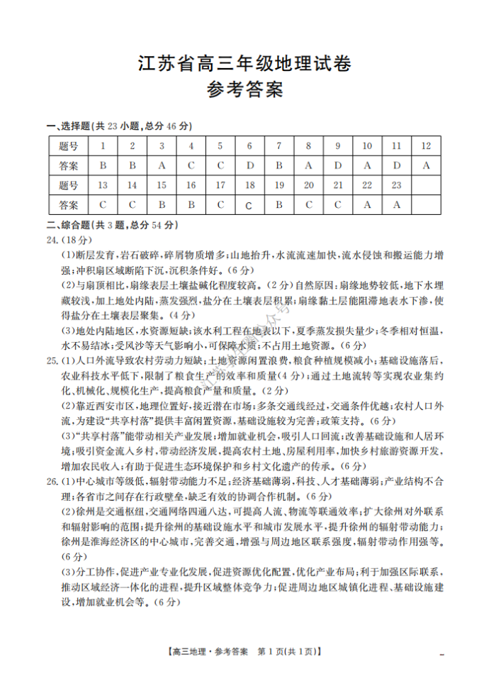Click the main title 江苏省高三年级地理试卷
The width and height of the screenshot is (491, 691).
tap(244, 64)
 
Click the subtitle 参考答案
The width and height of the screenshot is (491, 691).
tap(244, 90)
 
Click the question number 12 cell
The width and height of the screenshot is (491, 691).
tap(426, 146)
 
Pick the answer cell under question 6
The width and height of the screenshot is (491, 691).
tap(249, 165)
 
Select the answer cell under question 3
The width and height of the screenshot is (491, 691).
tap(162, 165)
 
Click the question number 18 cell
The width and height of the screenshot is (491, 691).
tap(249, 185)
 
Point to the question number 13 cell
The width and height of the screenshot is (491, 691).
tap(103, 185)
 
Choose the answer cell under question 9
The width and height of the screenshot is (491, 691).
tap(338, 165)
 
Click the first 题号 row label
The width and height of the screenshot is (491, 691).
tap(69, 146)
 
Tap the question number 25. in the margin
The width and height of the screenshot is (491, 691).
tap(52, 361)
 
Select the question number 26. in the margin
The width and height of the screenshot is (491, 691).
tap(52, 482)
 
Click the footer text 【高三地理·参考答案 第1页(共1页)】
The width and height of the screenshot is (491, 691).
tap(244, 651)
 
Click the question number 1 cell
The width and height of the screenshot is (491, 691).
tap(103, 146)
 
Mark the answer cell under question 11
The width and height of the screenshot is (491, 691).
tap(397, 165)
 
